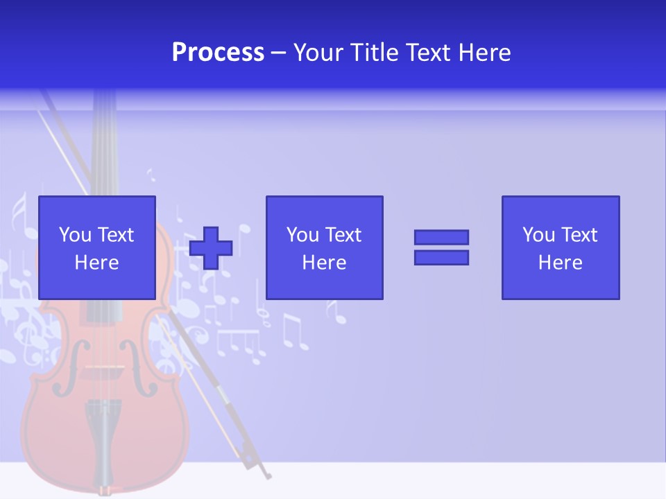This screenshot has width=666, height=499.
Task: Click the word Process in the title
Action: point(218,53)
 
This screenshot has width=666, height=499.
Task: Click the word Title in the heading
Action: point(375,53)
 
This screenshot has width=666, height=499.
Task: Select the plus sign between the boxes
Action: point(211,248)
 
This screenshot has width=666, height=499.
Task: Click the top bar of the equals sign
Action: point(441,237)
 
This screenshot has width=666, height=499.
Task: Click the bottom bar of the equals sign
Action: point(441,258)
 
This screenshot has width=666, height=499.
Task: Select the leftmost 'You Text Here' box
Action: point(96,247)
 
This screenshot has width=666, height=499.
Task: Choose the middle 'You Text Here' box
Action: point(324,247)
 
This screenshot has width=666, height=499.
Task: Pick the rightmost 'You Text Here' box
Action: point(560,247)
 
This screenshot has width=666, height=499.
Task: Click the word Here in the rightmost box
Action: point(560,263)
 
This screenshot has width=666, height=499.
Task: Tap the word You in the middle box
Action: point(302,235)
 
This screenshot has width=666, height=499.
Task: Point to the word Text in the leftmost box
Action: point(114,235)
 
